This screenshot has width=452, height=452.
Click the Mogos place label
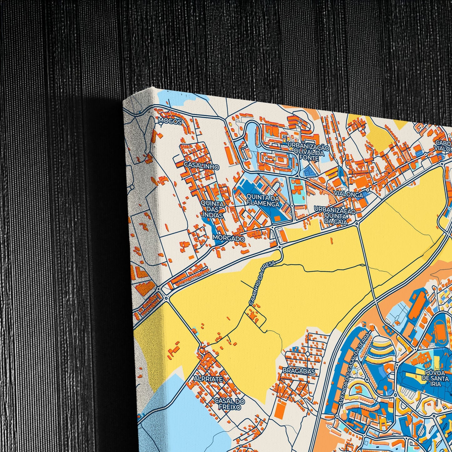pos(170,121)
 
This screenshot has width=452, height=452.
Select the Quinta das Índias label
pos(212,209)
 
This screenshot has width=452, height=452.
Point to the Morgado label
pos(228,238)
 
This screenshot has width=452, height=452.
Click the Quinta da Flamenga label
pos(263,201)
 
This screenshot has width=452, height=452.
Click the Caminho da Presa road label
pos(262,283)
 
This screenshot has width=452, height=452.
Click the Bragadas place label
pos(298,371)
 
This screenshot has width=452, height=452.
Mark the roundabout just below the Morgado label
pos(279,247)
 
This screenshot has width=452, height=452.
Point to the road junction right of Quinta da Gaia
pos(357,223)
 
